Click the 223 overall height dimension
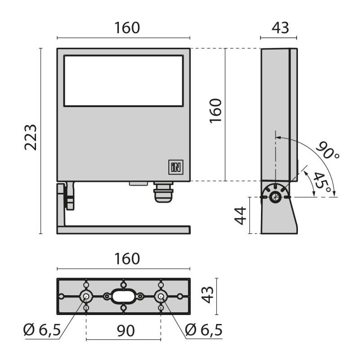[x=31, y=138]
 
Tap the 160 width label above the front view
[x=127, y=28]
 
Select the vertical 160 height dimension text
[x=216, y=111]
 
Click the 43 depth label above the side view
[x=280, y=28]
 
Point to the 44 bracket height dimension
[x=240, y=216]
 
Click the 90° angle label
[x=328, y=150]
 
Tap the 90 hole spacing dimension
[x=126, y=331]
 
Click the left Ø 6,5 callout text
[x=42, y=330]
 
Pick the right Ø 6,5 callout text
[x=204, y=330]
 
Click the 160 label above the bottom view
[x=127, y=259]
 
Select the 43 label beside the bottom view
[x=207, y=295]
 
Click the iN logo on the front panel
[x=176, y=167]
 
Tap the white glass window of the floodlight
[x=123, y=81]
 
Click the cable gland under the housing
[x=163, y=192]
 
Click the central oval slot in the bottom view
[x=123, y=297]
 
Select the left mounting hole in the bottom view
[x=86, y=297]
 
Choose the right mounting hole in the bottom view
[x=161, y=297]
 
